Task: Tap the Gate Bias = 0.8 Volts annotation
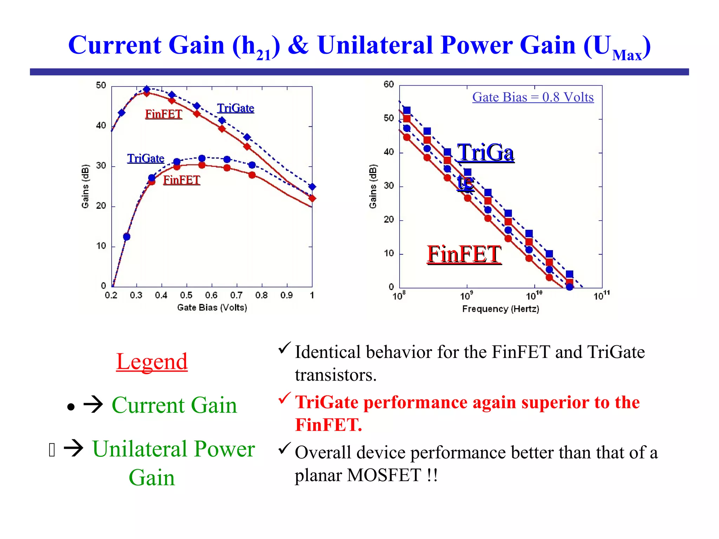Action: coord(533,97)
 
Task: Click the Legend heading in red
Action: coord(152,361)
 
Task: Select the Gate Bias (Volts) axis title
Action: coord(212,308)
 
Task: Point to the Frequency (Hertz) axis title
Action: coord(500,309)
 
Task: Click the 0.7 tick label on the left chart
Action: coord(236,295)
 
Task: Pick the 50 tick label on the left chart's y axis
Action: coord(101,86)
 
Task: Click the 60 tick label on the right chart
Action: coord(389,85)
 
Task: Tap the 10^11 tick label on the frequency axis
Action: coord(601,296)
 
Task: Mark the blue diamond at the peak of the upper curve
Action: coord(147,89)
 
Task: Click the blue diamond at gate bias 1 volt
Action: coord(312,187)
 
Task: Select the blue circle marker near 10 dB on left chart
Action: coord(127,237)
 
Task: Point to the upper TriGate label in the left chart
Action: coord(235,108)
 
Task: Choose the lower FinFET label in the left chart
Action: coord(181,180)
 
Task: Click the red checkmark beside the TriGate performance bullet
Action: coord(284,398)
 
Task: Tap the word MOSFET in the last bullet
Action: coord(384,475)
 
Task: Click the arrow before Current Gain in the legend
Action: coord(93,405)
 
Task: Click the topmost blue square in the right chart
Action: coord(407,111)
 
